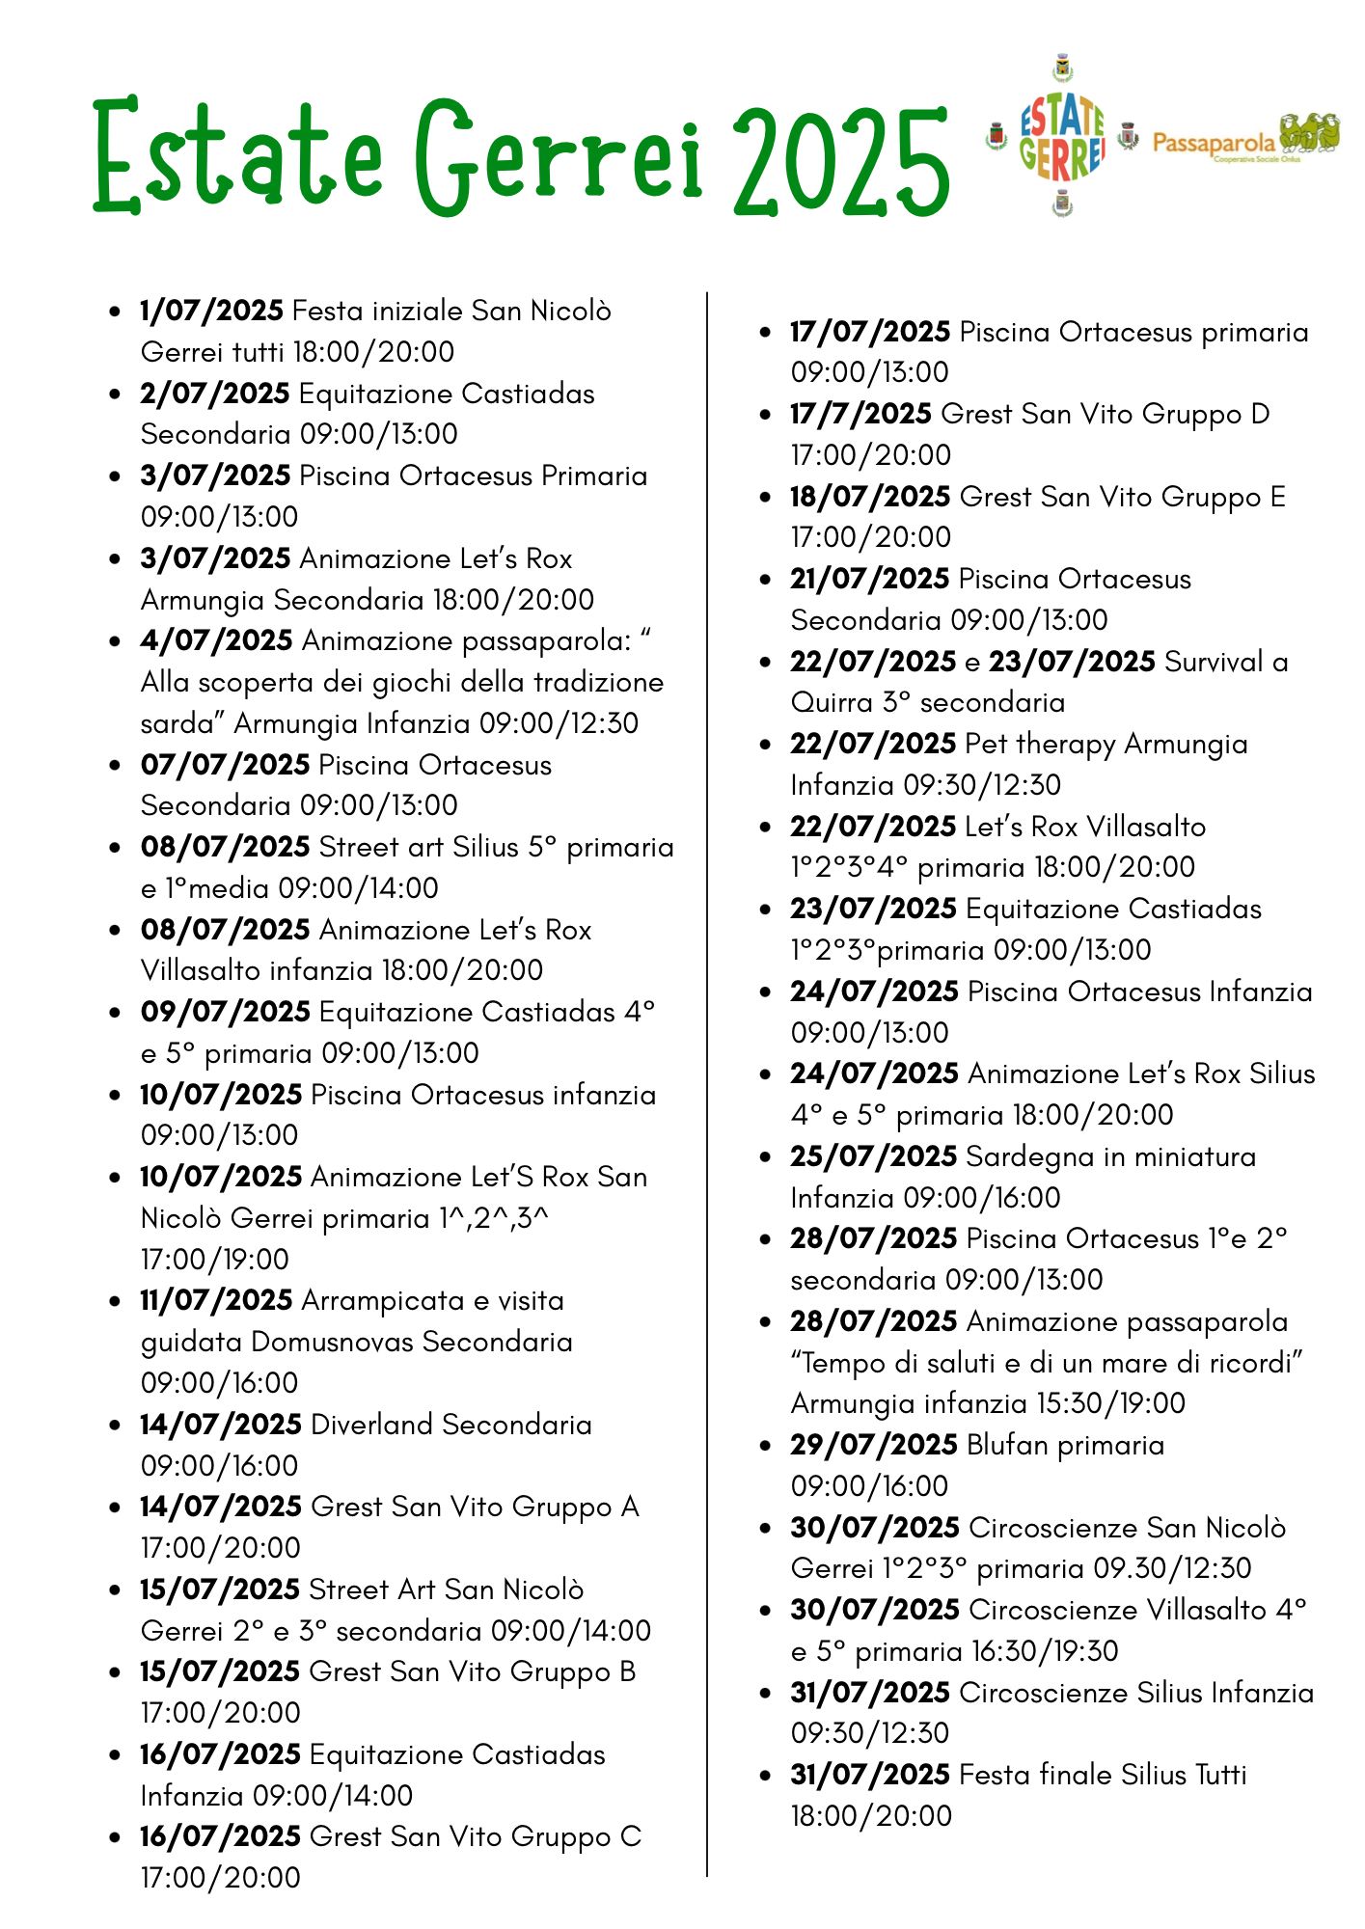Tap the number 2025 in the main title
click(841, 160)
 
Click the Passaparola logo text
click(1214, 143)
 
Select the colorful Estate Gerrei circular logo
click(1061, 136)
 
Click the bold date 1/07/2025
click(211, 311)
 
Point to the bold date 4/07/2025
click(216, 640)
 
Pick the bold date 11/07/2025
click(216, 1300)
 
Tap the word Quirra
click(832, 702)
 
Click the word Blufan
click(1007, 1445)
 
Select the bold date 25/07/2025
click(873, 1156)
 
